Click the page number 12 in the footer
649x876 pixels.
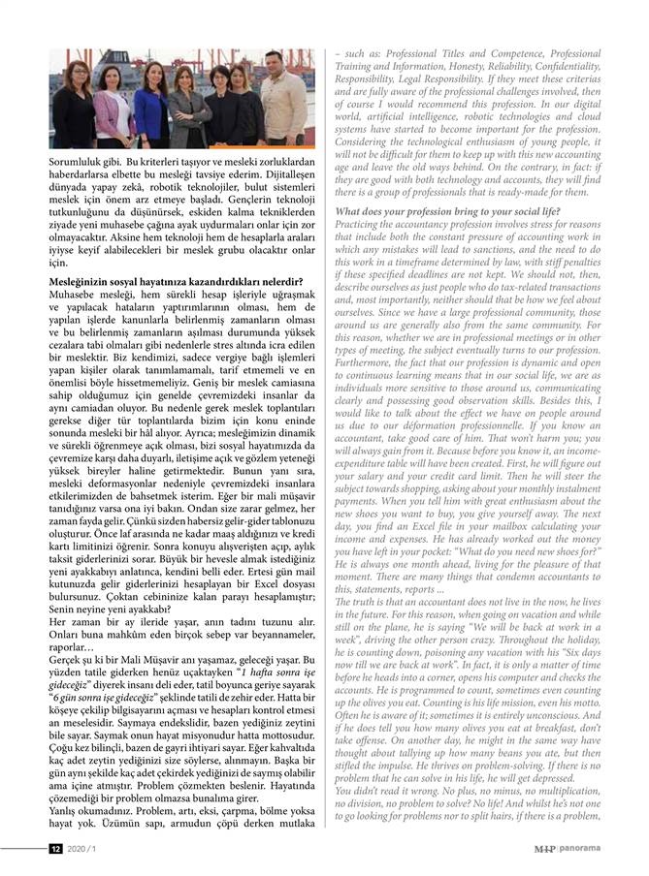[x=55, y=850]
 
